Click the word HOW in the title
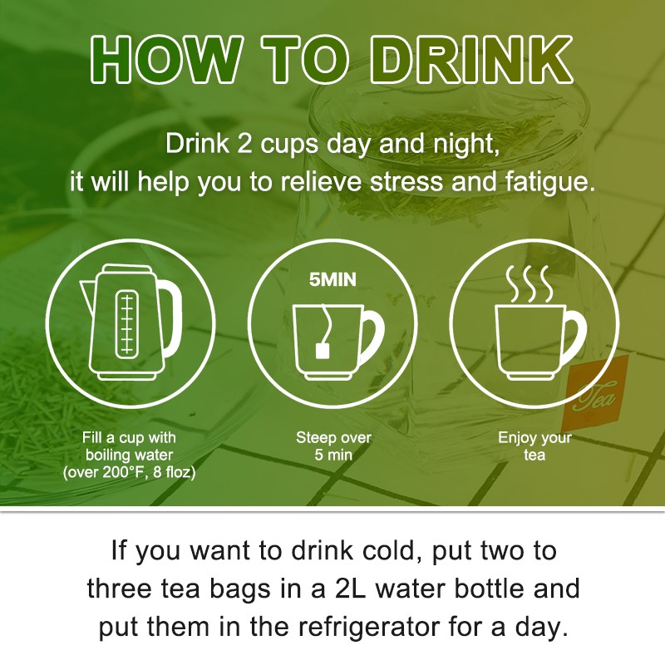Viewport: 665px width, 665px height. coord(165,60)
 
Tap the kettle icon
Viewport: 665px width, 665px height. coord(131,323)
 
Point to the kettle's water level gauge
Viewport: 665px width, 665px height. coord(126,323)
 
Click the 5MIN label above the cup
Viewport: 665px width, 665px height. coord(332,280)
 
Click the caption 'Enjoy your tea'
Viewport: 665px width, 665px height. coord(534,446)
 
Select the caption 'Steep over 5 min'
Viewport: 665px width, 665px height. coord(333,446)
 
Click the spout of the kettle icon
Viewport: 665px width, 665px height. coord(88,294)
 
